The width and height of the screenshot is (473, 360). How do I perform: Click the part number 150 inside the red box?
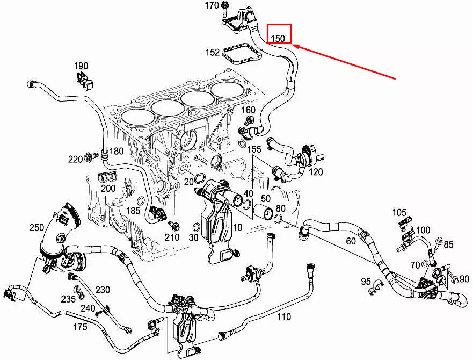pos(278,38)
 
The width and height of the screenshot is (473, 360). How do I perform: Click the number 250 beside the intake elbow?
pos(37,228)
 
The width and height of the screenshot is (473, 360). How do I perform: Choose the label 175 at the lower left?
pos(79,326)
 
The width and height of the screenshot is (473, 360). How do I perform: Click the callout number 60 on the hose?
pos(351,241)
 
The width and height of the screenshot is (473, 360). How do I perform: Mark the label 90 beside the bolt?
pos(464,279)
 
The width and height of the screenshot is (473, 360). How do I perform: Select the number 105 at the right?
pos(399,212)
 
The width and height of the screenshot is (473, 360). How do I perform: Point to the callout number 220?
pos(75,159)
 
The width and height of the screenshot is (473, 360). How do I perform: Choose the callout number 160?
pos(248,110)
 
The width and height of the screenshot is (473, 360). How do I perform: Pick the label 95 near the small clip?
pos(366,281)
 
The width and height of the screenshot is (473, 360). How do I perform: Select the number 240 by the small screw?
pos(88,308)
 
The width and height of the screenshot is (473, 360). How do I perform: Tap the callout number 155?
pos(254,149)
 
